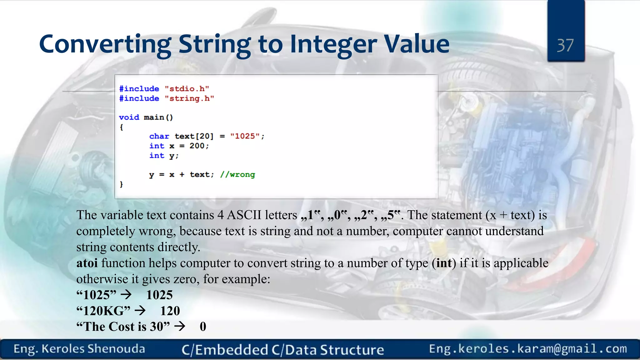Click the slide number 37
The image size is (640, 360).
[565, 46]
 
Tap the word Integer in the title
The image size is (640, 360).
[333, 44]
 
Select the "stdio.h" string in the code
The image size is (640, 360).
[187, 89]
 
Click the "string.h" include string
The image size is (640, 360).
[189, 98]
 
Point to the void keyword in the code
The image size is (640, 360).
[129, 117]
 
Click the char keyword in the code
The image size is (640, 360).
[159, 136]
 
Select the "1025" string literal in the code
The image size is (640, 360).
[245, 136]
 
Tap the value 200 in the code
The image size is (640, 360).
[197, 146]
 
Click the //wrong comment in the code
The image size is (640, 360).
[237, 175]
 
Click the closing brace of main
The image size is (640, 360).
[122, 184]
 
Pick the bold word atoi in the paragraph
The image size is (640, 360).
[87, 263]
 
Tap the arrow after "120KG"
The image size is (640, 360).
[140, 311]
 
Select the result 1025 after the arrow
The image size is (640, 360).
[159, 295]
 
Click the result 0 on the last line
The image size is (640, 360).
[203, 327]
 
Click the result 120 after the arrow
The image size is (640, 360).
[170, 311]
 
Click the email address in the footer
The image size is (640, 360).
[528, 349]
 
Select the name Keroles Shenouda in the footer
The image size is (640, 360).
[93, 349]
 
